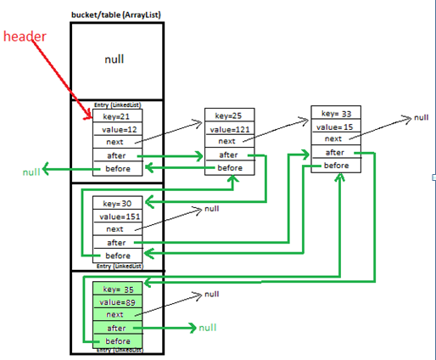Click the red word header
click(x=25, y=37)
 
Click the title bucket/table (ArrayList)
click(x=116, y=14)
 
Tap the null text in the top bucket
click(x=115, y=59)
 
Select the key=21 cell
click(x=118, y=116)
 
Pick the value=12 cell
click(x=118, y=129)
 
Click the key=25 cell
click(x=230, y=115)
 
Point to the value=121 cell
click(x=230, y=129)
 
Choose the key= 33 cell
click(x=336, y=113)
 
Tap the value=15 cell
click(x=336, y=127)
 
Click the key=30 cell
click(x=118, y=203)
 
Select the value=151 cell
click(x=118, y=217)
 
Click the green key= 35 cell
click(x=118, y=289)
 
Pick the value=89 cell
click(x=118, y=302)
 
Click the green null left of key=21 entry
click(x=31, y=172)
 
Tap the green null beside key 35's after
click(x=208, y=328)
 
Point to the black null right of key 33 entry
click(x=422, y=117)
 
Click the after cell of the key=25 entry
click(x=230, y=155)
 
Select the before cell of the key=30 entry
click(x=118, y=256)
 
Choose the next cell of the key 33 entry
click(x=336, y=138)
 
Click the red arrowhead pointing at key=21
click(x=89, y=116)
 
